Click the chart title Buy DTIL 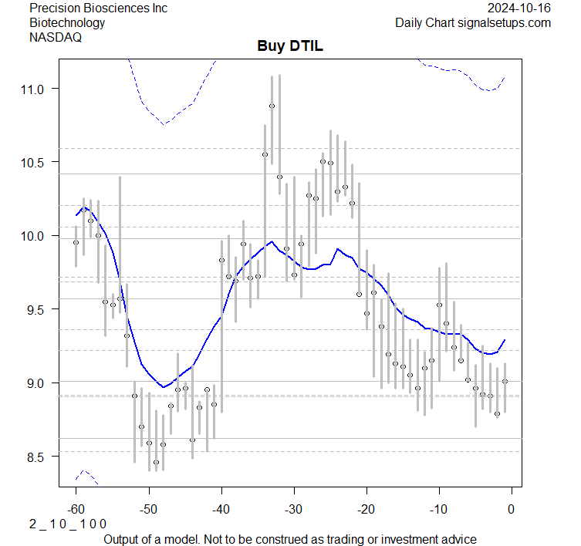(x=290, y=46)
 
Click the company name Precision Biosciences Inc (x=98, y=8)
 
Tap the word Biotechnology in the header (x=67, y=22)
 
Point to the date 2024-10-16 (x=519, y=8)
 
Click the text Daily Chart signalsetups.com (x=473, y=22)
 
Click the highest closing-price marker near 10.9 (x=272, y=106)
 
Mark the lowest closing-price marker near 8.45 (x=156, y=463)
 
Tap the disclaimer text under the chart (x=289, y=539)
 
